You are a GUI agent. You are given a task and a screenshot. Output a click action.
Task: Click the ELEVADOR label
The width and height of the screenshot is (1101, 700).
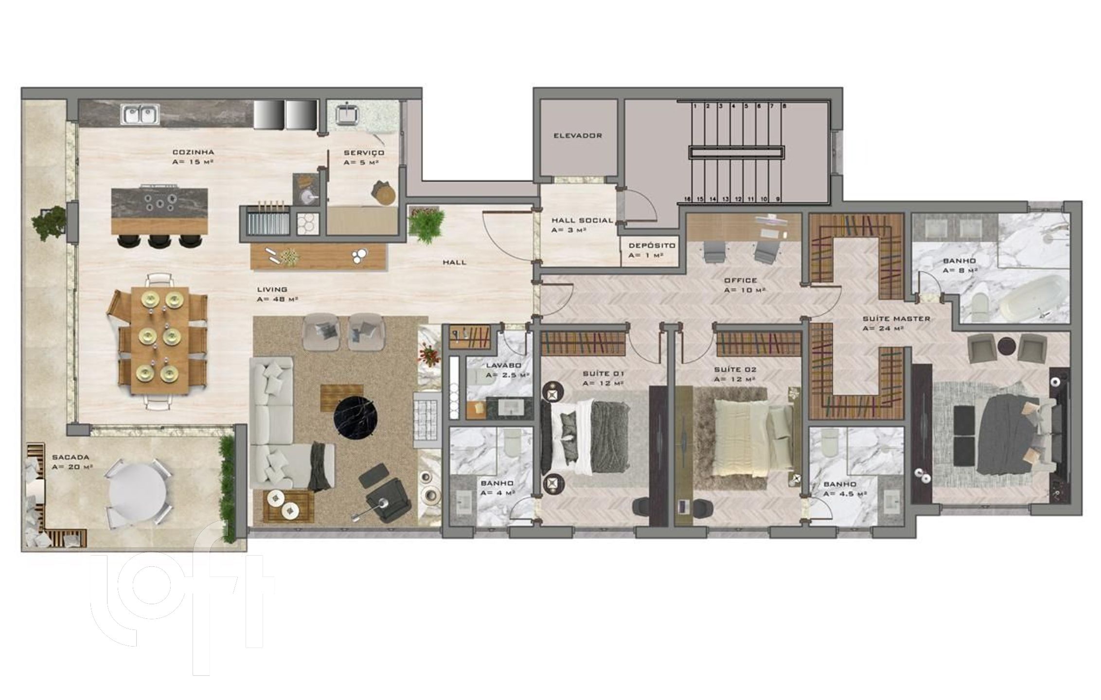click(578, 136)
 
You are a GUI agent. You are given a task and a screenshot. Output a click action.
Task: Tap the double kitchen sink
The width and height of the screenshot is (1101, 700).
click(141, 116)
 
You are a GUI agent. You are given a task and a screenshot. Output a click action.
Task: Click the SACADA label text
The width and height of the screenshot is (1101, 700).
click(71, 457)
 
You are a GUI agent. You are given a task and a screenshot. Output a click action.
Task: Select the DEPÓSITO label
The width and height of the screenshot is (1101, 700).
click(652, 245)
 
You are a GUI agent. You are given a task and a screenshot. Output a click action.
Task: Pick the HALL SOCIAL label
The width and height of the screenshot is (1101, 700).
click(582, 220)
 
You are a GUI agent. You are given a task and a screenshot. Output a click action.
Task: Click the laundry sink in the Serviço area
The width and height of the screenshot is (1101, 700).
click(347, 115)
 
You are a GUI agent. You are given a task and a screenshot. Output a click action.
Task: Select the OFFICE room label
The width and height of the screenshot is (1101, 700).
click(741, 280)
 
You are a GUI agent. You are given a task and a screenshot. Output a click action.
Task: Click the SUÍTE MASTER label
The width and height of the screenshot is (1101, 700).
click(896, 319)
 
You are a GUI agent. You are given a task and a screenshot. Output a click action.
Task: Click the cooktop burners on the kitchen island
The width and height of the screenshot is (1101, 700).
click(160, 203)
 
